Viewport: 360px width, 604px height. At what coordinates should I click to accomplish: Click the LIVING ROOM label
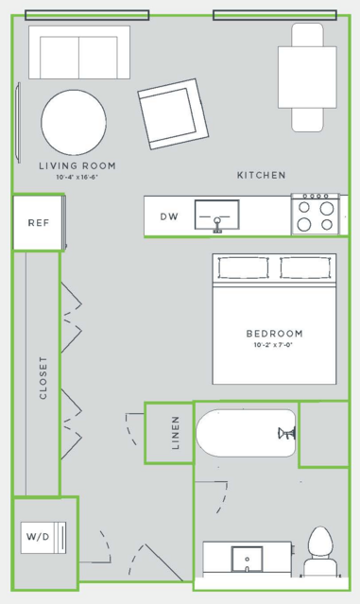[x=77, y=166]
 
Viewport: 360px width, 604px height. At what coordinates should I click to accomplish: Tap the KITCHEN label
[x=262, y=175]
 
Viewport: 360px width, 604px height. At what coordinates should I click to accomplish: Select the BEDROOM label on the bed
[x=275, y=334]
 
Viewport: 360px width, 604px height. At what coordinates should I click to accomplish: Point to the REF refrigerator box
[x=38, y=223]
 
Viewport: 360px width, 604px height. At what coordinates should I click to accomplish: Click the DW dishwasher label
[x=169, y=216]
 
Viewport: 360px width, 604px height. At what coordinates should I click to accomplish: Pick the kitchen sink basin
[x=217, y=216]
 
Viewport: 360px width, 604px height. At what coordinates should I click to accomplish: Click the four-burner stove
[x=316, y=215]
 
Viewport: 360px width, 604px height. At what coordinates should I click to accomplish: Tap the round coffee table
[x=74, y=123]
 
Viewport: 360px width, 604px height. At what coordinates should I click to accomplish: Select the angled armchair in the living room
[x=173, y=114]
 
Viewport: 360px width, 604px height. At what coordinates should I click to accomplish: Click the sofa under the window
[x=79, y=52]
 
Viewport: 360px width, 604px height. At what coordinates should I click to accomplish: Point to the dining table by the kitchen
[x=307, y=78]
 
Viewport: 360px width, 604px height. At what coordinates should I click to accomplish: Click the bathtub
[x=247, y=433]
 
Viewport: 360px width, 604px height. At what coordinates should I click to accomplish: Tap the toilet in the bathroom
[x=320, y=552]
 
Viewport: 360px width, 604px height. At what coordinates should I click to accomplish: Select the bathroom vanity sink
[x=247, y=560]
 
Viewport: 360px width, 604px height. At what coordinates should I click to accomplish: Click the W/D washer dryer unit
[x=43, y=537]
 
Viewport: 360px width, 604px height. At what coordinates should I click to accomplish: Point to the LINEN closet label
[x=176, y=433]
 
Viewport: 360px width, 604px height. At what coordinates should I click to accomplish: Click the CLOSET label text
[x=43, y=377]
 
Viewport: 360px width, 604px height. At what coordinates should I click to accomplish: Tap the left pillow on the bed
[x=244, y=267]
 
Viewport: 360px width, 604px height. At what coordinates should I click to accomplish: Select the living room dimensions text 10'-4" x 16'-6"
[x=77, y=178]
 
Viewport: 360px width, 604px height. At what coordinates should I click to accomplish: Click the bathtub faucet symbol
[x=287, y=433]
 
